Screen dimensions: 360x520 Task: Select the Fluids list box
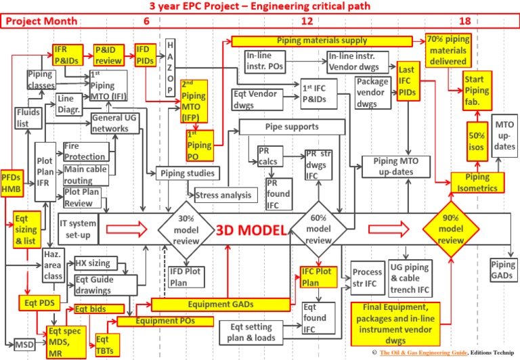tap(26, 121)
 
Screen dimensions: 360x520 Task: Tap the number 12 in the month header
tap(307, 21)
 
